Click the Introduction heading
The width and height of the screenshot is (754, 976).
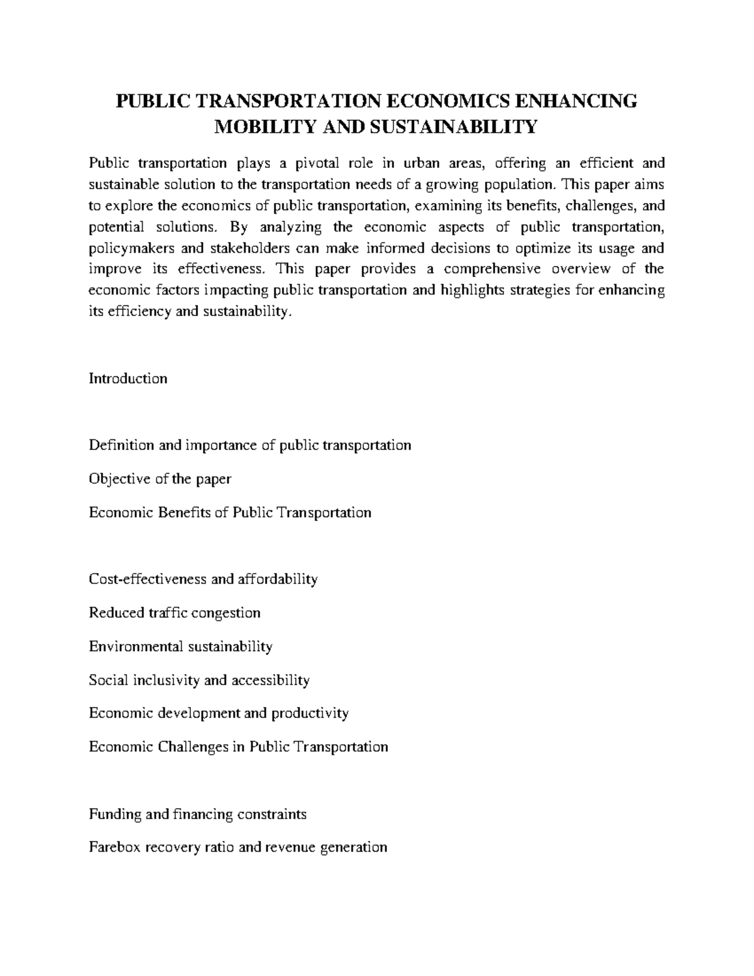point(128,378)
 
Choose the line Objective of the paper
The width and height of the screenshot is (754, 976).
point(160,479)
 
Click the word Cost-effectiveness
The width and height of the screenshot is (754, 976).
point(148,579)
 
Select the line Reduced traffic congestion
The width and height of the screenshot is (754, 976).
point(175,613)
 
